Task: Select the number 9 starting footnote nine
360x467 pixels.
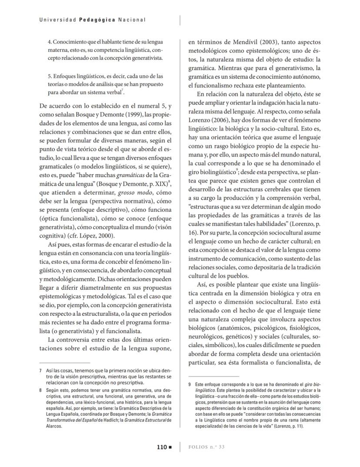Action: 190,384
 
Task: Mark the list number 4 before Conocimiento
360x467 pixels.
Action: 50,42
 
